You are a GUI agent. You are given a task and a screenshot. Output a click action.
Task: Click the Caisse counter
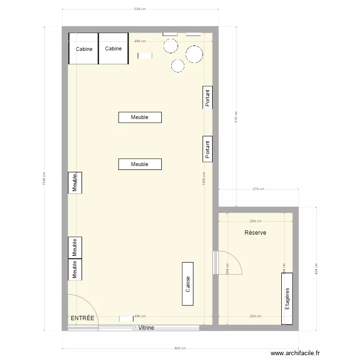pyautogui.click(x=188, y=284)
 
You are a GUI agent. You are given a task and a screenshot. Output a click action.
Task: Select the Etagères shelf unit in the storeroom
pyautogui.click(x=288, y=298)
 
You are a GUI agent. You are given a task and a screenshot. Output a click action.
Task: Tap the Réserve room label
pyautogui.click(x=255, y=232)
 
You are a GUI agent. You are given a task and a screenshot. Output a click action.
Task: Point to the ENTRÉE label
pyautogui.click(x=83, y=318)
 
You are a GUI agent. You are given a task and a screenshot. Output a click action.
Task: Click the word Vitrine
pyautogui.click(x=146, y=328)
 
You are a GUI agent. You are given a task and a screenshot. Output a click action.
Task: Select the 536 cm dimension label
pyautogui.click(x=140, y=9)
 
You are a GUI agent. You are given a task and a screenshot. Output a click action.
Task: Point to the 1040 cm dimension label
pyautogui.click(x=44, y=179)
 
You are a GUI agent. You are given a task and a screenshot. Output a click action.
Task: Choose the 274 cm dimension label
pyautogui.click(x=258, y=189)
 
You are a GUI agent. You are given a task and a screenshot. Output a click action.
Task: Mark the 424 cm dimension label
pyautogui.click(x=316, y=268)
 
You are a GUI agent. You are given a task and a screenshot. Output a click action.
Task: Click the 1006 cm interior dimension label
pyautogui.click(x=204, y=179)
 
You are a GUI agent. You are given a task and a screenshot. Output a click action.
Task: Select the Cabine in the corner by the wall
pyautogui.click(x=84, y=48)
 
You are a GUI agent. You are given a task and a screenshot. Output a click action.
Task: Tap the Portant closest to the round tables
pyautogui.click(x=207, y=98)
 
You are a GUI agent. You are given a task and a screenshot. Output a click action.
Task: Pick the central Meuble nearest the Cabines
pyautogui.click(x=140, y=117)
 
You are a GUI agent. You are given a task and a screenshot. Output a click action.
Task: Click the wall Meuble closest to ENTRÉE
pyautogui.click(x=75, y=269)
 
